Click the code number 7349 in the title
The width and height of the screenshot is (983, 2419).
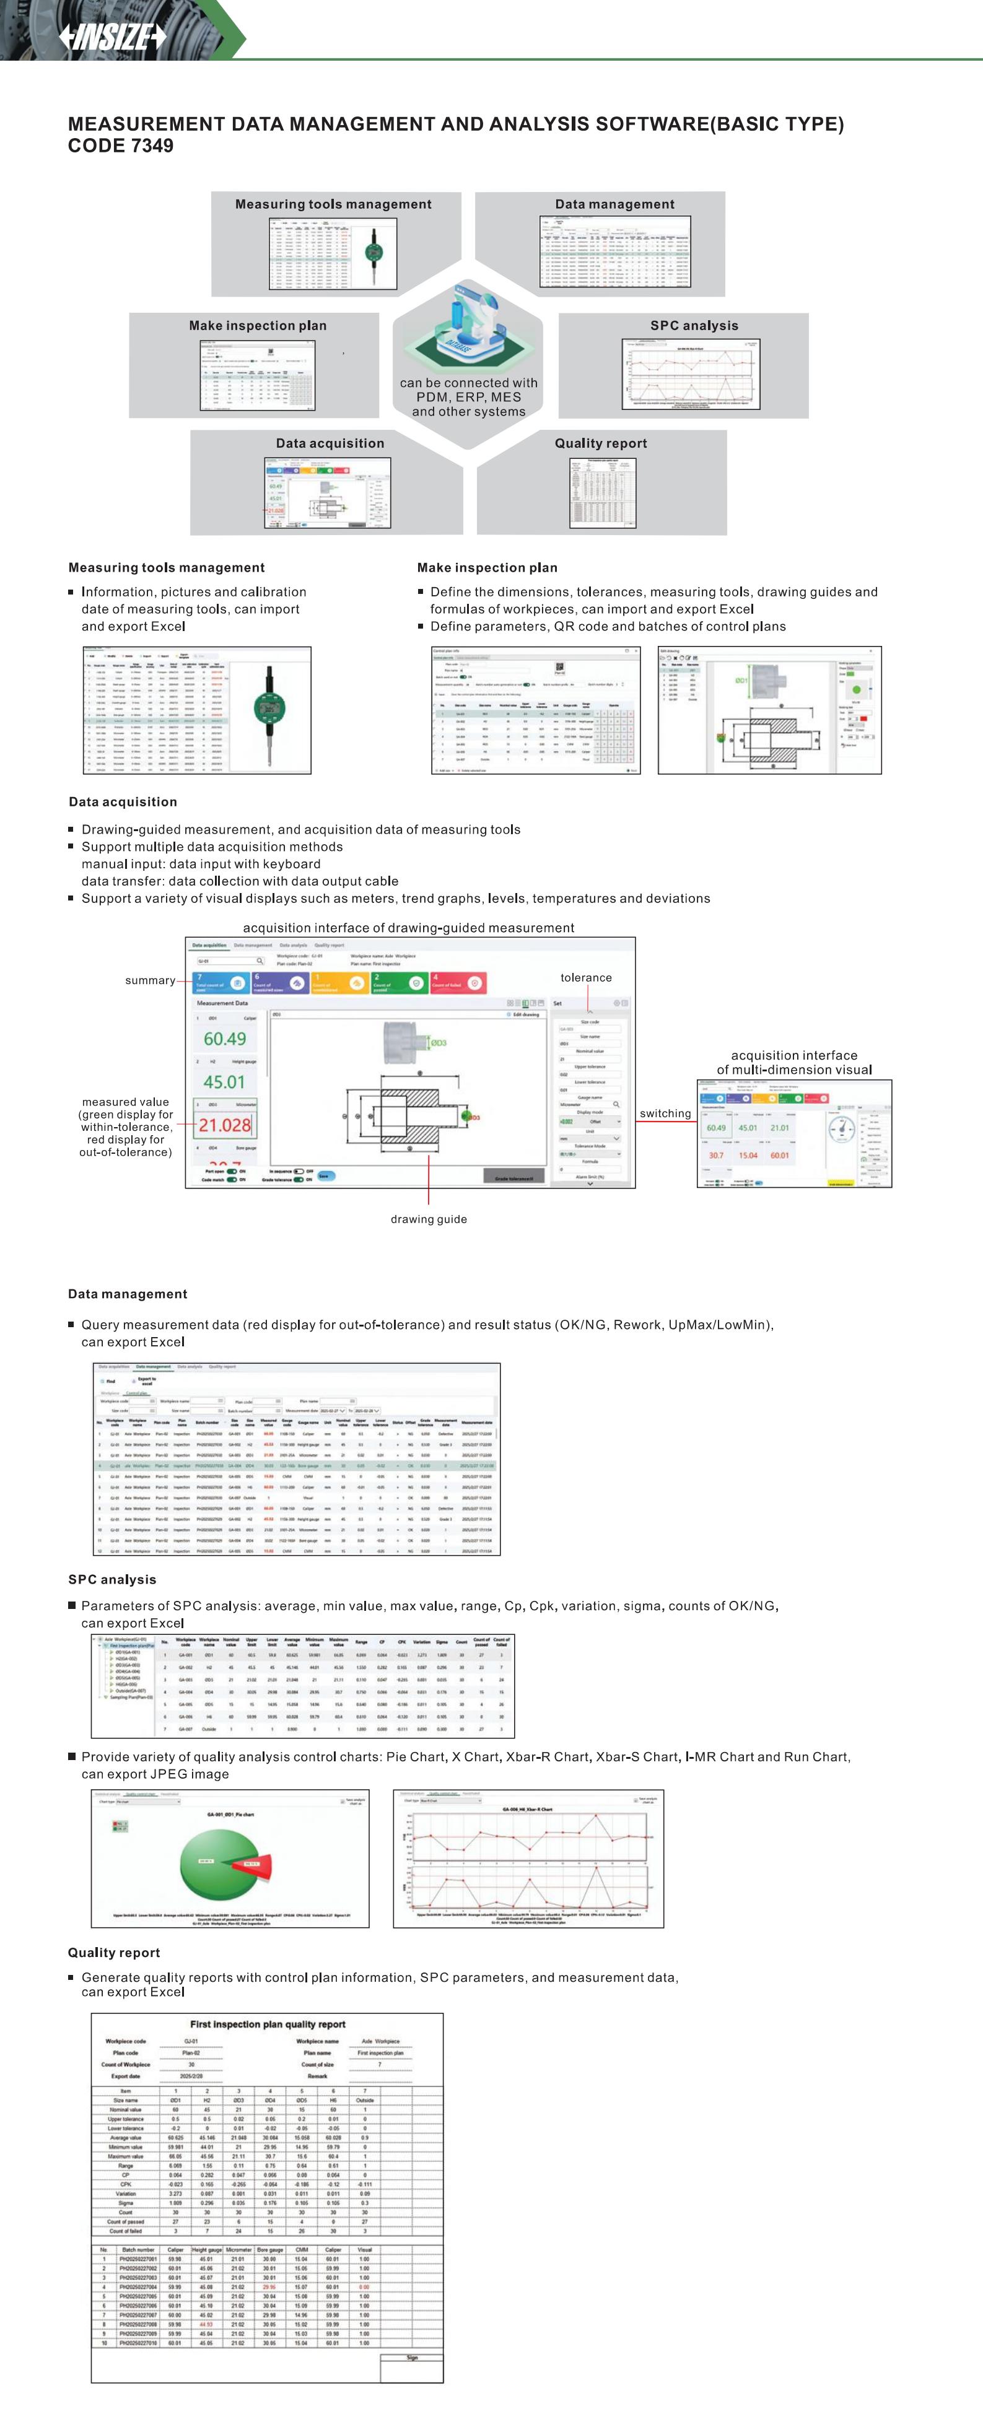[x=152, y=146]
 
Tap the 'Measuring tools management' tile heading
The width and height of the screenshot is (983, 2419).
[x=333, y=204]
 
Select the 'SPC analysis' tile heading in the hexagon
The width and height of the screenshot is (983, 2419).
[x=694, y=325]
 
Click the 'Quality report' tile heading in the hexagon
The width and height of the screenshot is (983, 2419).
[x=601, y=443]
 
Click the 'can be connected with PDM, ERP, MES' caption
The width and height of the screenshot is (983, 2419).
[x=468, y=396]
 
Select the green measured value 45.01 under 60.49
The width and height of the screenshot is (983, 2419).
[x=224, y=1082]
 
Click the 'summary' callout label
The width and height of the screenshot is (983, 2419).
[x=151, y=980]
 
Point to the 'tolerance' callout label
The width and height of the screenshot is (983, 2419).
[x=586, y=977]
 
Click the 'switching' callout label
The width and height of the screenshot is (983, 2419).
[x=665, y=1113]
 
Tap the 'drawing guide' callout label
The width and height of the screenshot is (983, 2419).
[x=428, y=1219]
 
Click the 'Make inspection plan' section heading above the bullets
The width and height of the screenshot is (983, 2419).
[x=487, y=567]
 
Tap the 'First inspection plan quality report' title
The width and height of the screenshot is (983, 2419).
[x=268, y=2024]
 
